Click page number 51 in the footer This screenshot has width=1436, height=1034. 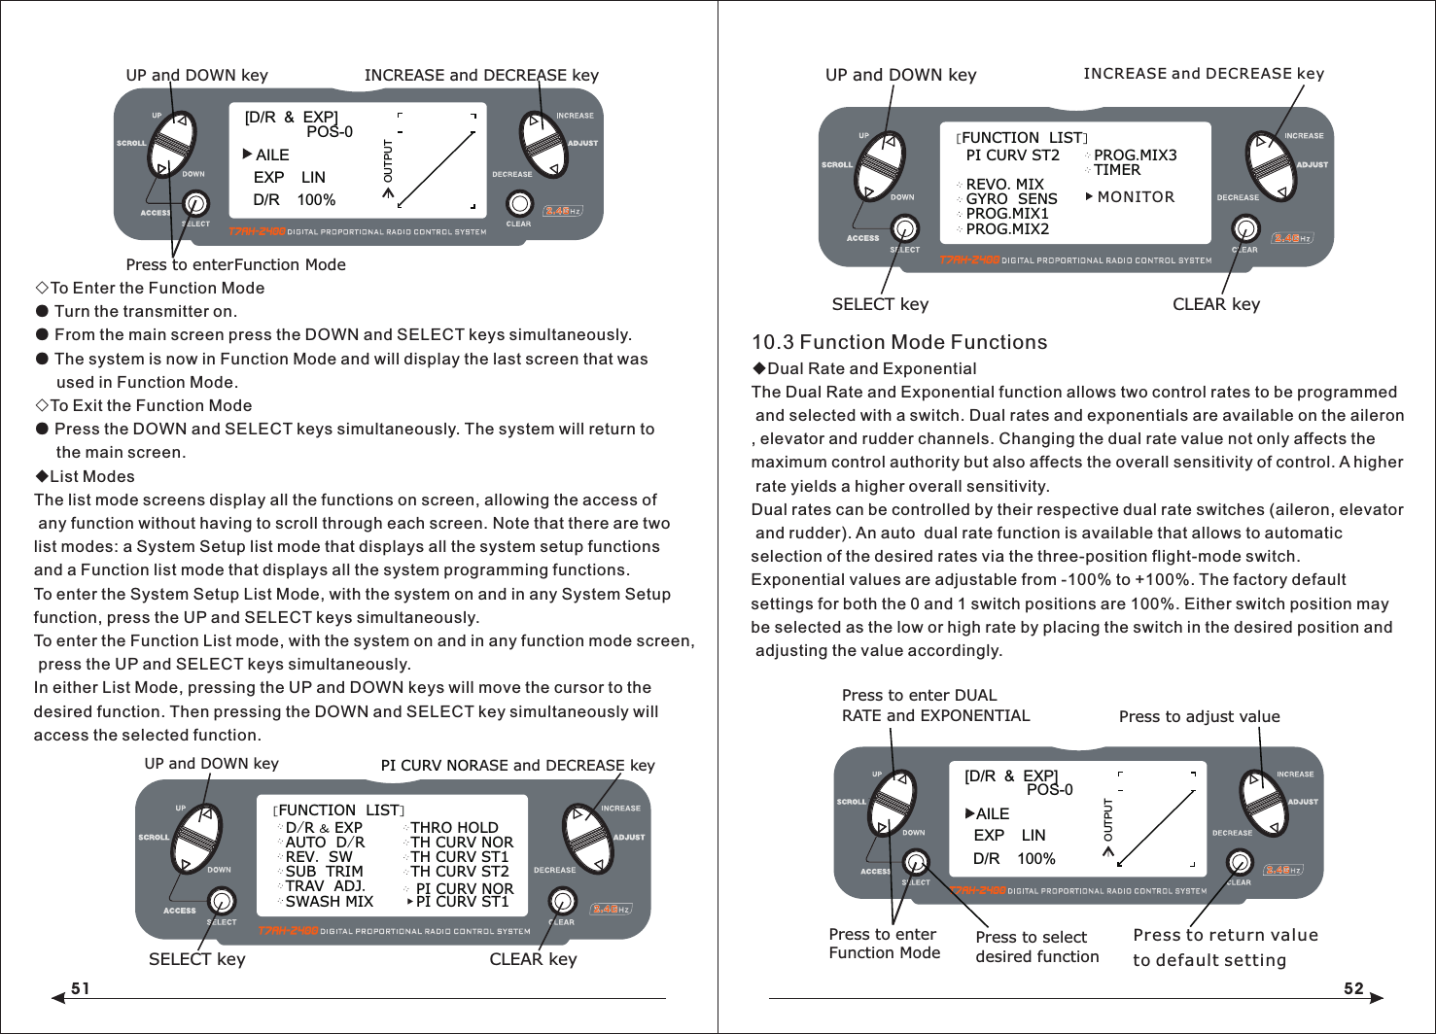point(80,988)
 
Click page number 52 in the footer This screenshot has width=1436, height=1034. point(1353,988)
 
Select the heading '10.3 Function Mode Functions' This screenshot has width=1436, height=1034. point(898,342)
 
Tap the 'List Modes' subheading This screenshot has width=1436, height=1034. point(91,476)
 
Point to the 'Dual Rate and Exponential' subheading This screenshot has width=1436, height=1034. point(871,368)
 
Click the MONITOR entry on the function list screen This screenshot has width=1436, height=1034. point(1135,197)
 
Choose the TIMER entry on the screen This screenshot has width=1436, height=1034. point(1116,170)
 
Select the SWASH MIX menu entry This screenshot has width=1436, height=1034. point(329,902)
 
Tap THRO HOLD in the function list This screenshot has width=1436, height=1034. point(454,828)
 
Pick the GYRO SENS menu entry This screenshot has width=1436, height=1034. point(1011,199)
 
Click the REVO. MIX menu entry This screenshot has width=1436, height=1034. point(1004,185)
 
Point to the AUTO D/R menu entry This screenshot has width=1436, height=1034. point(325,843)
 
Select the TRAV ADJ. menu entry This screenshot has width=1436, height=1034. point(325,886)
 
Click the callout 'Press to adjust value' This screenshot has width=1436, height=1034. point(1199,716)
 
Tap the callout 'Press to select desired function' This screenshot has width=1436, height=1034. point(1036,947)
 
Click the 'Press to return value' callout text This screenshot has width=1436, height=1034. point(1225,935)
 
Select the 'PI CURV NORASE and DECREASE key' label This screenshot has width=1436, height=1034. point(517,765)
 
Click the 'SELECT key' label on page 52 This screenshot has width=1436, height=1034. point(880,304)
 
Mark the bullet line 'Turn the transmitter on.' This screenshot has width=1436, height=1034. point(145,311)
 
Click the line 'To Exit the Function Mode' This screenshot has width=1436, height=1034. point(151,405)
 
